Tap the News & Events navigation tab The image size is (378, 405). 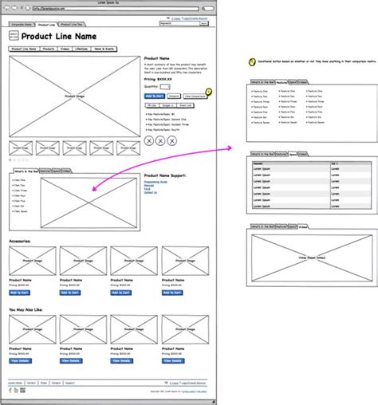point(104,49)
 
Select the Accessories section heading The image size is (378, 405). point(22,240)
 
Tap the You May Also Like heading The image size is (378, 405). point(26,309)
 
